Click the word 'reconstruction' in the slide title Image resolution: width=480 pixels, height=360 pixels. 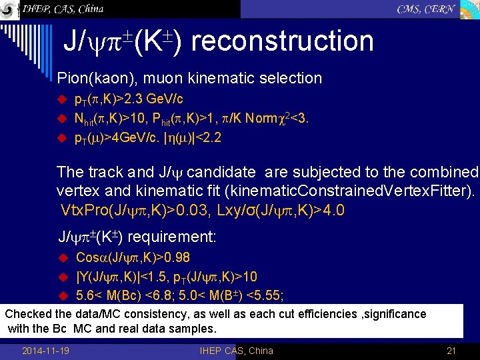click(x=286, y=41)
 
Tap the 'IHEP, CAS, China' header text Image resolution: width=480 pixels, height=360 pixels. click(x=62, y=9)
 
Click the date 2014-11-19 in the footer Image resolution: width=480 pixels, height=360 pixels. click(x=49, y=351)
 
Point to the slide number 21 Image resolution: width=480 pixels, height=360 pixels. click(x=451, y=351)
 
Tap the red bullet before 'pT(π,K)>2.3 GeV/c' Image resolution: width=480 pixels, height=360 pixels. click(x=63, y=100)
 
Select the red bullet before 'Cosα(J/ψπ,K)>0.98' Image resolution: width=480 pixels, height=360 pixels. click(x=63, y=258)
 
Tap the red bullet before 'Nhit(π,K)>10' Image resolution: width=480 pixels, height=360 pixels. click(x=63, y=119)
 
